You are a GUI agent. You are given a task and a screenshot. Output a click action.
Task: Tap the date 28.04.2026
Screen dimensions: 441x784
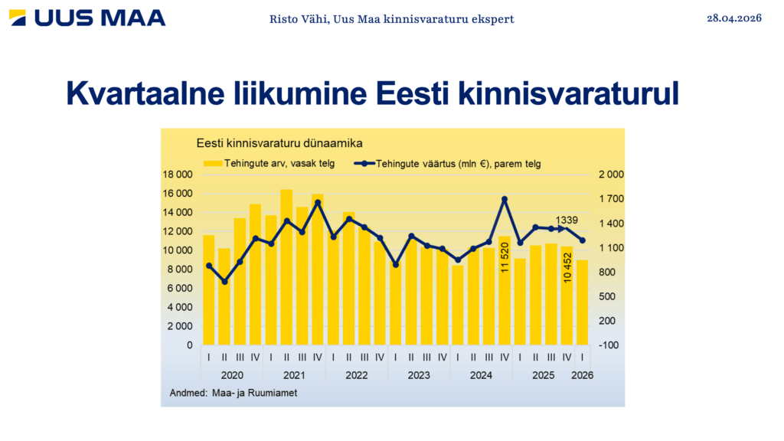(x=734, y=18)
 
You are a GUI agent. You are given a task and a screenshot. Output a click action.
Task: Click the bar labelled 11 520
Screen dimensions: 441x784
(x=505, y=291)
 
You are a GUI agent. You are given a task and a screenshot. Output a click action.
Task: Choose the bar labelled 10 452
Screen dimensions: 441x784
(x=567, y=296)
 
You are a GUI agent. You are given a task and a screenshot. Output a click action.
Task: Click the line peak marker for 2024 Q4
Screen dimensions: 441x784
(x=505, y=199)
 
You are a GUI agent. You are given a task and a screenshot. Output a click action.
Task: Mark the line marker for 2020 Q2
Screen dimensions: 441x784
(x=224, y=282)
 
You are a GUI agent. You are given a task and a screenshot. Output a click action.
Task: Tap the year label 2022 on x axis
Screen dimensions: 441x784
(x=356, y=376)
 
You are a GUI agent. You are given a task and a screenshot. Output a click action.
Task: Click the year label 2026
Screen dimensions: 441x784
(x=583, y=376)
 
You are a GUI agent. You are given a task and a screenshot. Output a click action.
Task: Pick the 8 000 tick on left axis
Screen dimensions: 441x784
(x=181, y=269)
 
